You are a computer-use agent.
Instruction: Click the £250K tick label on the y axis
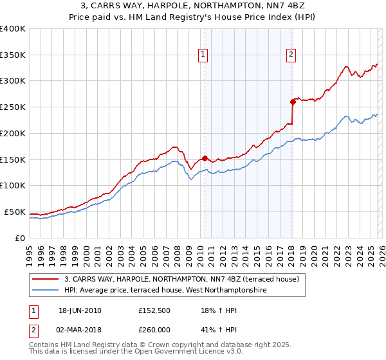point(13,107)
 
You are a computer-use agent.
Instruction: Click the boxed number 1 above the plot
point(203,55)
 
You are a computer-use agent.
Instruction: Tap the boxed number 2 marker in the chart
point(291,55)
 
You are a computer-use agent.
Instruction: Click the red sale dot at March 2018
point(292,101)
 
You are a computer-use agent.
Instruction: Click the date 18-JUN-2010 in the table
point(80,310)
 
